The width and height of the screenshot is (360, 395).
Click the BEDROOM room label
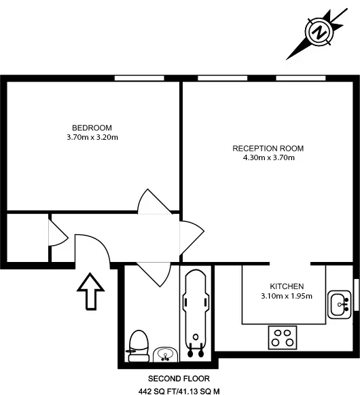92,128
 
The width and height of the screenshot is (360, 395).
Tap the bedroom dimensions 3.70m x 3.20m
92,137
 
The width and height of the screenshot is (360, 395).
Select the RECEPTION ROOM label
268,149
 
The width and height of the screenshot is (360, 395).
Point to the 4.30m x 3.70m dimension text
269,157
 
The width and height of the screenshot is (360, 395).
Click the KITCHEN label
287,286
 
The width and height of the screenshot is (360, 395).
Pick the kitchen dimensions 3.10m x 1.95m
287,296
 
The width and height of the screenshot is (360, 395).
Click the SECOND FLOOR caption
179,379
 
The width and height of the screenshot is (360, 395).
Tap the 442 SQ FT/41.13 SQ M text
179,391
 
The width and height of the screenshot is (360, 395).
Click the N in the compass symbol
319,32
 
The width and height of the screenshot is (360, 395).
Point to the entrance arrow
90,291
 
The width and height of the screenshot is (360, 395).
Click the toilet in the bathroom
138,346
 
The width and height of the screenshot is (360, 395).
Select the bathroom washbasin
165,354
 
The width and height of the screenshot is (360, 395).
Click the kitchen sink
340,304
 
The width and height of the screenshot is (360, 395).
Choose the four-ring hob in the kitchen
283,337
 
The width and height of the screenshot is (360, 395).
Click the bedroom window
139,78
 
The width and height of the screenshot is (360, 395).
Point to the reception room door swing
192,238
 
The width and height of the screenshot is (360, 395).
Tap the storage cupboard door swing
58,232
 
